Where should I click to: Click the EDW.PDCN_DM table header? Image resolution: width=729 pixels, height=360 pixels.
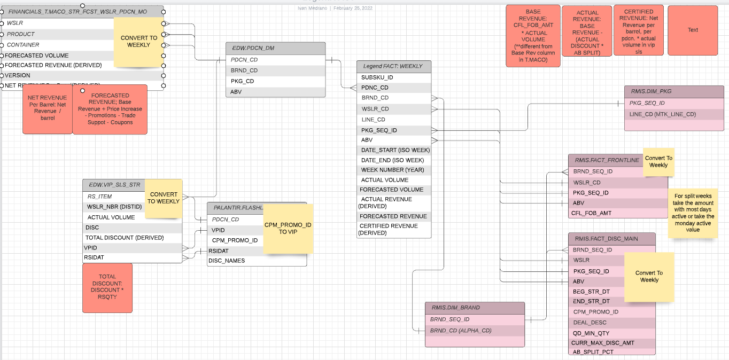tap(275, 48)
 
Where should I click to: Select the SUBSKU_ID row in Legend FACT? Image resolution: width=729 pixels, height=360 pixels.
tap(393, 77)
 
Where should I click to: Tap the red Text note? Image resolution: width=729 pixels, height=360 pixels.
tap(693, 30)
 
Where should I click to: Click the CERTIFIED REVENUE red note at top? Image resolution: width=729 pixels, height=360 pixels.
tap(639, 32)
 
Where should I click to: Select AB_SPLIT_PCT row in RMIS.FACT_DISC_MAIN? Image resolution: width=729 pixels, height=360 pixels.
tap(593, 352)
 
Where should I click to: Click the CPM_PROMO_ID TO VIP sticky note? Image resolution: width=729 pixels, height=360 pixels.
tap(288, 229)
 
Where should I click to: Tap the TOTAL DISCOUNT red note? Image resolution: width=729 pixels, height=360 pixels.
tap(107, 287)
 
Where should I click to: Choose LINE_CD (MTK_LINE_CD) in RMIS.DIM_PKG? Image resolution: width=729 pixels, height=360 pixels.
tap(663, 114)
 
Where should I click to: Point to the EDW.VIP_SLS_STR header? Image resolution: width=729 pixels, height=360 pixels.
tap(115, 185)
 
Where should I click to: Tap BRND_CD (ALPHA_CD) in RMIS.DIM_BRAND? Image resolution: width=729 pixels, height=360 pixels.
tap(461, 331)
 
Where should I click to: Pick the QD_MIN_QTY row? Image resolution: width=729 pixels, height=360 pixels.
tap(591, 333)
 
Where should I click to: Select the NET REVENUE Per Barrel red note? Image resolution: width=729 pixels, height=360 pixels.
tap(48, 108)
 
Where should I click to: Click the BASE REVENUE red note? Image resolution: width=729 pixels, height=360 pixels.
tap(533, 36)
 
